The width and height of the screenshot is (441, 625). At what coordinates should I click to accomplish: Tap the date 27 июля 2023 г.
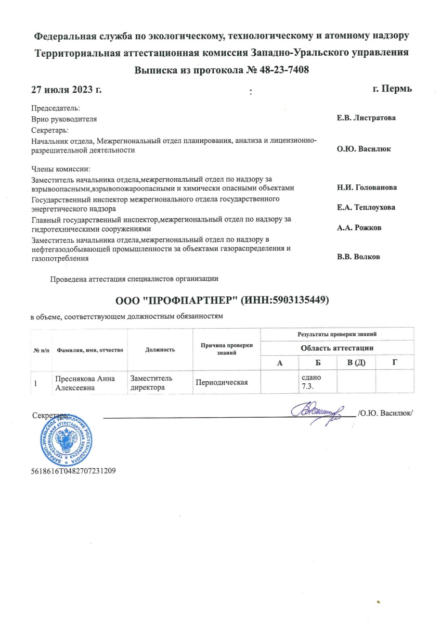point(66,89)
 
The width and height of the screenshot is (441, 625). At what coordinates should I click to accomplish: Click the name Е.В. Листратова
point(366,118)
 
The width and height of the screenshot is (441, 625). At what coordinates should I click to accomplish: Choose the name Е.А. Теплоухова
point(366,207)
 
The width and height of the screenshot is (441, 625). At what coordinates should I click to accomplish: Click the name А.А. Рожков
point(358,228)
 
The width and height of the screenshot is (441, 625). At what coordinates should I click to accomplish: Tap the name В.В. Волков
point(358,257)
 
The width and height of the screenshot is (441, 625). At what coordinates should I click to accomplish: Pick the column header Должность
point(160,349)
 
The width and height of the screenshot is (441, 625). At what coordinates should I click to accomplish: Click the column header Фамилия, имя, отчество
point(90,350)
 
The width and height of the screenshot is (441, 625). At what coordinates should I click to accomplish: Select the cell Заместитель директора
point(151,383)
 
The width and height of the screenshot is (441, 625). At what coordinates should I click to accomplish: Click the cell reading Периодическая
point(221,383)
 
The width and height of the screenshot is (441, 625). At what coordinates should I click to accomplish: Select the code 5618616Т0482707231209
point(73,471)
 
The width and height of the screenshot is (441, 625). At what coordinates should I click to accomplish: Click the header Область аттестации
point(337,348)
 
